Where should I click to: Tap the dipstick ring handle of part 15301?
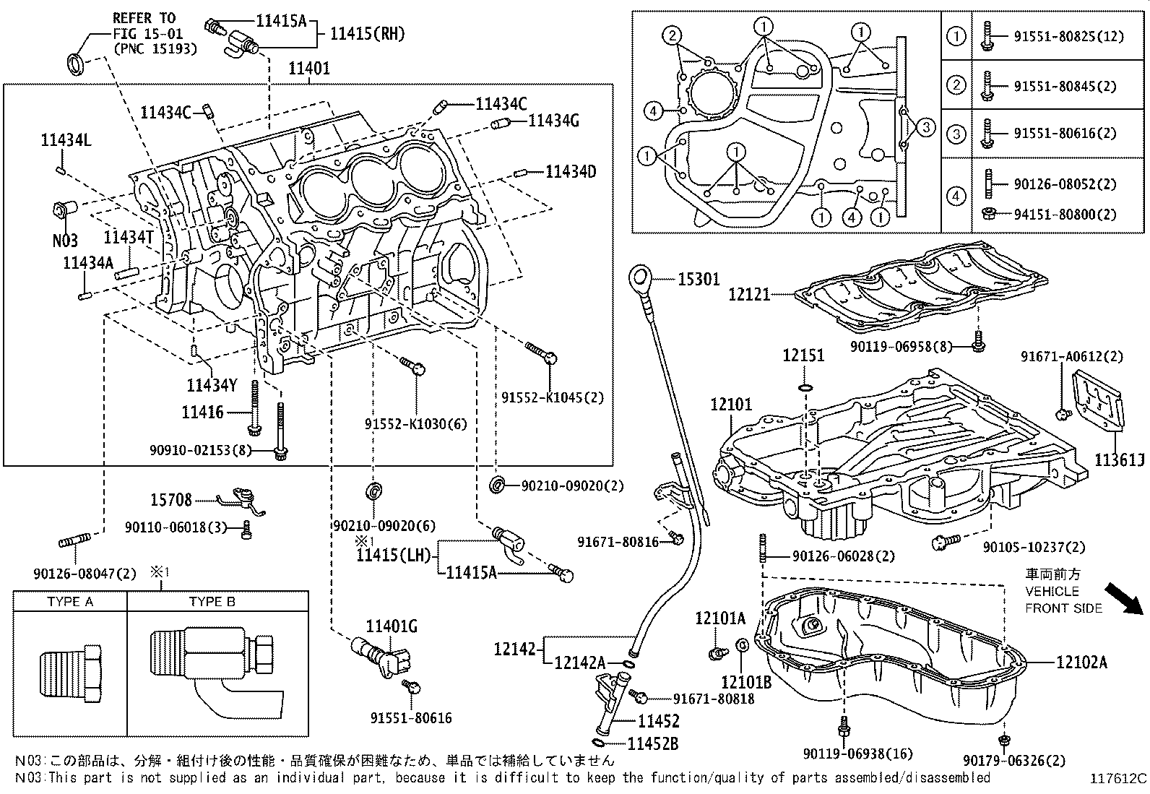(641, 277)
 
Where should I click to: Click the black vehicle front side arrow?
(1125, 599)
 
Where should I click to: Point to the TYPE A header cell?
(70, 602)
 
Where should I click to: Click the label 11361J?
(1119, 459)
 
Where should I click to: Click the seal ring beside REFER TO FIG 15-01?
(76, 63)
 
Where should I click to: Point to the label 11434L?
(66, 142)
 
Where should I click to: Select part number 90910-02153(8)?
(200, 449)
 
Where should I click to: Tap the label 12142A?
(579, 663)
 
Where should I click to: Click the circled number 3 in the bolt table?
(956, 133)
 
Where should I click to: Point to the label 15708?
(171, 499)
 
